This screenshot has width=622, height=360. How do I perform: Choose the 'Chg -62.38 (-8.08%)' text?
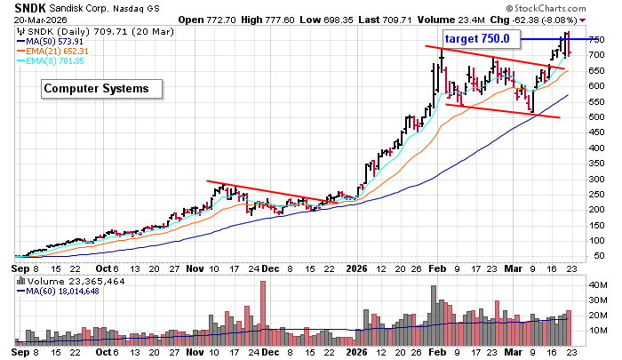(x=542, y=19)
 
